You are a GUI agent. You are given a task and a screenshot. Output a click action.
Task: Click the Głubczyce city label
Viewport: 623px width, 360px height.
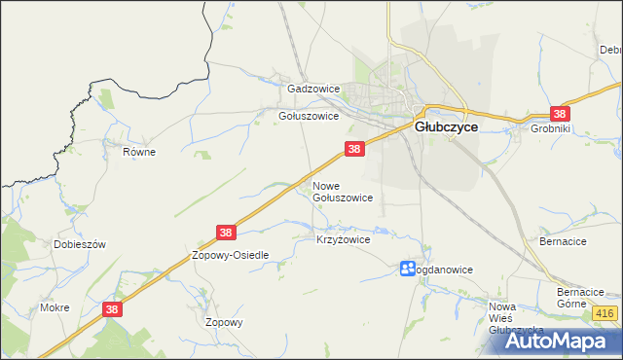(446, 126)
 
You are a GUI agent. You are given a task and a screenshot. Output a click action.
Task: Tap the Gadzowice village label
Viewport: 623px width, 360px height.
(312, 89)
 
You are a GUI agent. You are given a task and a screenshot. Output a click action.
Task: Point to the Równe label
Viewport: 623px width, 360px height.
(139, 152)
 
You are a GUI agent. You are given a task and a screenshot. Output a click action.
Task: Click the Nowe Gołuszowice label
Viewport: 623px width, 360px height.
(342, 191)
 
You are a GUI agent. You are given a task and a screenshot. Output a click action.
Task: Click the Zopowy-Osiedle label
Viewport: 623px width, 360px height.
(230, 255)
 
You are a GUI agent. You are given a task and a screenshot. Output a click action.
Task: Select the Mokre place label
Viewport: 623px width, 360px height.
(55, 307)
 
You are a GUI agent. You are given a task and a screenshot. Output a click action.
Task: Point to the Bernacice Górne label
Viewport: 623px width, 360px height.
(582, 298)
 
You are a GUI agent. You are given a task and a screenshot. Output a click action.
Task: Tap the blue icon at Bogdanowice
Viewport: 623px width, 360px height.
(408, 269)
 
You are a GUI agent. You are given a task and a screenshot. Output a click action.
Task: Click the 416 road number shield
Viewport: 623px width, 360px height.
(604, 313)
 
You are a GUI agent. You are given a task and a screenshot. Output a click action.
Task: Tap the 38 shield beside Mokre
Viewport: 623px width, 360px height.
(112, 308)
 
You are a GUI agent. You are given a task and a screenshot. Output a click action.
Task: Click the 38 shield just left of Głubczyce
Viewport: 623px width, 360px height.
(354, 149)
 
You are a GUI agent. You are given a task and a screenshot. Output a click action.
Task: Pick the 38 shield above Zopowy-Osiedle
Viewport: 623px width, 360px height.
(226, 233)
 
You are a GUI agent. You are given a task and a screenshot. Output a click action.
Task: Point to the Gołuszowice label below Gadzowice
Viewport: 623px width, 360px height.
(309, 116)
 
